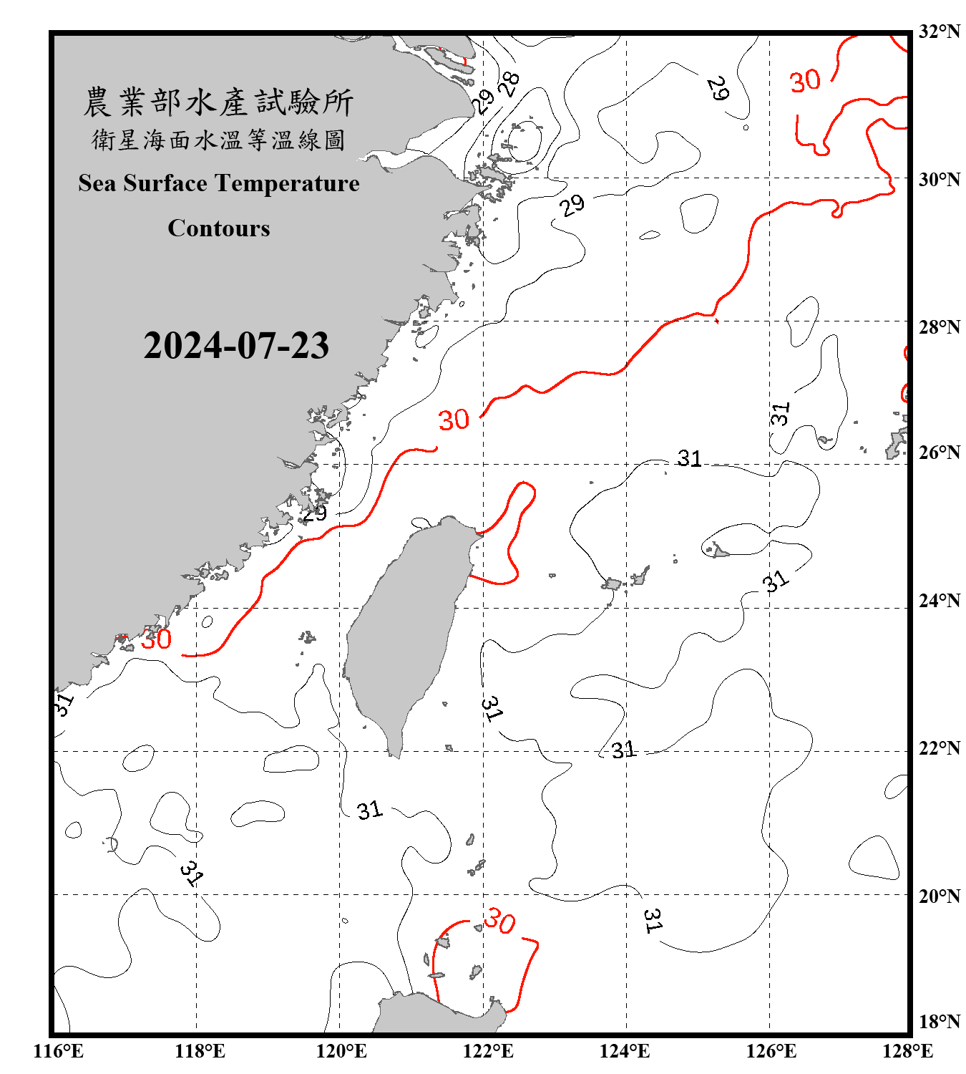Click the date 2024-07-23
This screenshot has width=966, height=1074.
[236, 345]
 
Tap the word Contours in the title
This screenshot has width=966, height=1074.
[219, 228]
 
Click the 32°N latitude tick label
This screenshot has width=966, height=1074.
[940, 32]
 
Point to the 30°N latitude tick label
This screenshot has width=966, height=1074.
[940, 179]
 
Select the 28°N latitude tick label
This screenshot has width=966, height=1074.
[940, 326]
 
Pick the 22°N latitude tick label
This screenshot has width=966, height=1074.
[940, 748]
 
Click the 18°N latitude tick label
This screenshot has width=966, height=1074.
[940, 1021]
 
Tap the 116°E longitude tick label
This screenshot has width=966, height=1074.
[58, 1051]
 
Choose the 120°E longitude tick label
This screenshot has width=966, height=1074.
[341, 1051]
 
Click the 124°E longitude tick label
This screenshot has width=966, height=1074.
[625, 1051]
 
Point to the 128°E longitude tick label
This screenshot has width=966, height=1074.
[907, 1051]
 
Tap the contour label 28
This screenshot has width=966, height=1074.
[509, 84]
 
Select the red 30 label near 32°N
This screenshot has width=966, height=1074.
[805, 81]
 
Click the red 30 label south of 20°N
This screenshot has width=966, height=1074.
[499, 921]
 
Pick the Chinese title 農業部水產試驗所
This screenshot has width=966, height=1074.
[219, 102]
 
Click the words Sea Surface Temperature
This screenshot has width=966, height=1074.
[219, 183]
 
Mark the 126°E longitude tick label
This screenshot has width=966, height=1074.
[771, 1051]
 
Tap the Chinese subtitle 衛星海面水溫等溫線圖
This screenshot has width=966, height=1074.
[219, 140]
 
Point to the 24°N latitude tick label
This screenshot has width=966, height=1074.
[940, 600]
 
